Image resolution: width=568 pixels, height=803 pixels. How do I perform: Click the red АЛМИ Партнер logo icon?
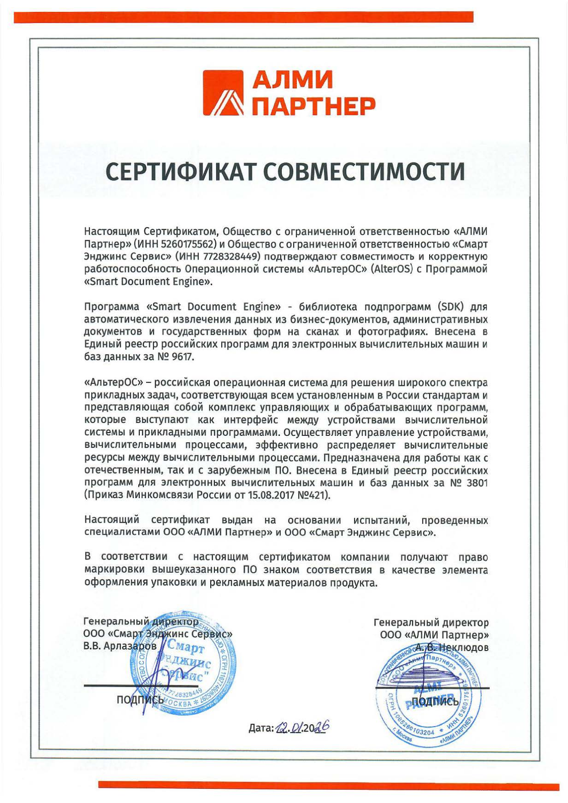tap(223, 92)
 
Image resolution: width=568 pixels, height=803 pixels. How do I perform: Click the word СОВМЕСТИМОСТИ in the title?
tap(365, 172)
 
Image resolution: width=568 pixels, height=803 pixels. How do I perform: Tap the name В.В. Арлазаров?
tap(120, 646)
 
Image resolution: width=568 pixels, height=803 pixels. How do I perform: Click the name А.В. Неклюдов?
tap(452, 647)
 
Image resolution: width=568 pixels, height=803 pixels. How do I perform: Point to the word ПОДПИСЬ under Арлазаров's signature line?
tap(140, 700)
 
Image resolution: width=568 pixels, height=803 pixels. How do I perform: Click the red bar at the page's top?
tap(243, 17)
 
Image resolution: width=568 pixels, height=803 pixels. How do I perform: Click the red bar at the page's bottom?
tap(328, 786)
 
